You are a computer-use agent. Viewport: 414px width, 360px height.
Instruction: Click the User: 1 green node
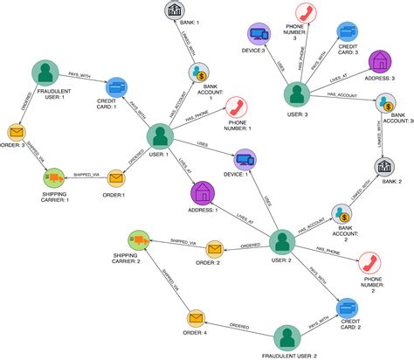point(159,135)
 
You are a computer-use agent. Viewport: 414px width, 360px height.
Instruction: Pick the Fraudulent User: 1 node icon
point(42,73)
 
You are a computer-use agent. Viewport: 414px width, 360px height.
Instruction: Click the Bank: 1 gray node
point(175,10)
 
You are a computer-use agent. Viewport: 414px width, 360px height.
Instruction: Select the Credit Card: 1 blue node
point(114,87)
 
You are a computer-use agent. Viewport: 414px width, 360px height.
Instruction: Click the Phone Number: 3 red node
point(306,12)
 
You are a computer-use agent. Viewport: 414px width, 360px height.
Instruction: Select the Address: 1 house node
point(202,191)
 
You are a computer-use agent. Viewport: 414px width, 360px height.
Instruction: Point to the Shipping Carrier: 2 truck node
point(137,239)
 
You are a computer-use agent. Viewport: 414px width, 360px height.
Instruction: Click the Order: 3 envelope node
point(15,133)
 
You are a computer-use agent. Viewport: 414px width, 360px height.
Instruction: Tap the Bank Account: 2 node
point(342,214)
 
